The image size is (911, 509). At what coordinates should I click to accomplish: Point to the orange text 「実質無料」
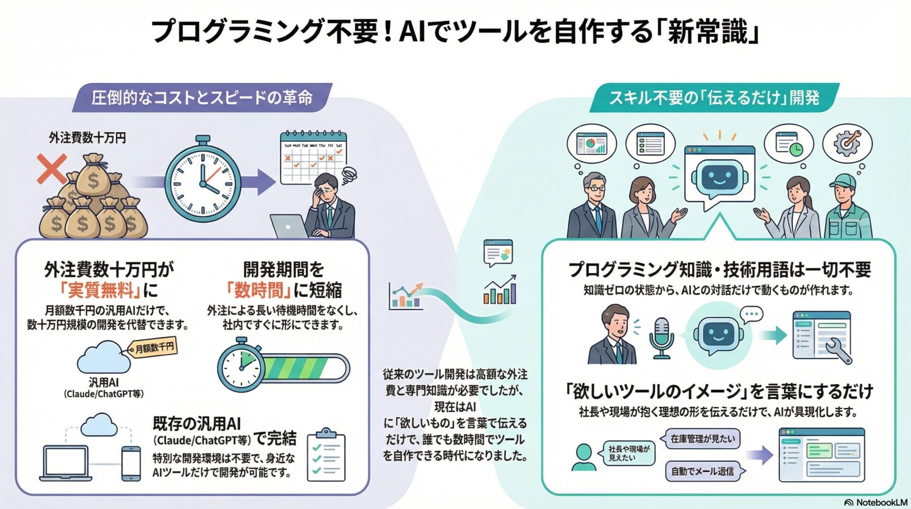(x=101, y=290)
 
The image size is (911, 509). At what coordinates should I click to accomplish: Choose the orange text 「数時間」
(x=255, y=290)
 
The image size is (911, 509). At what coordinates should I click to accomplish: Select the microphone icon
(x=661, y=336)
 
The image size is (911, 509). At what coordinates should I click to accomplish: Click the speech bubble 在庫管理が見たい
(x=702, y=439)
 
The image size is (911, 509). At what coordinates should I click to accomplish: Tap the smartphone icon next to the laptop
(x=131, y=463)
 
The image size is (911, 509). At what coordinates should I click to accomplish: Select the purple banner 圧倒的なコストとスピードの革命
(x=202, y=98)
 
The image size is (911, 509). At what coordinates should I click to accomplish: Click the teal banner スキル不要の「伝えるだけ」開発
(x=714, y=98)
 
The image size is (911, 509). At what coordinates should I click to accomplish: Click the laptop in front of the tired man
(x=289, y=226)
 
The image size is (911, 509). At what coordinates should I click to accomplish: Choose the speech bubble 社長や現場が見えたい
(x=629, y=453)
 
